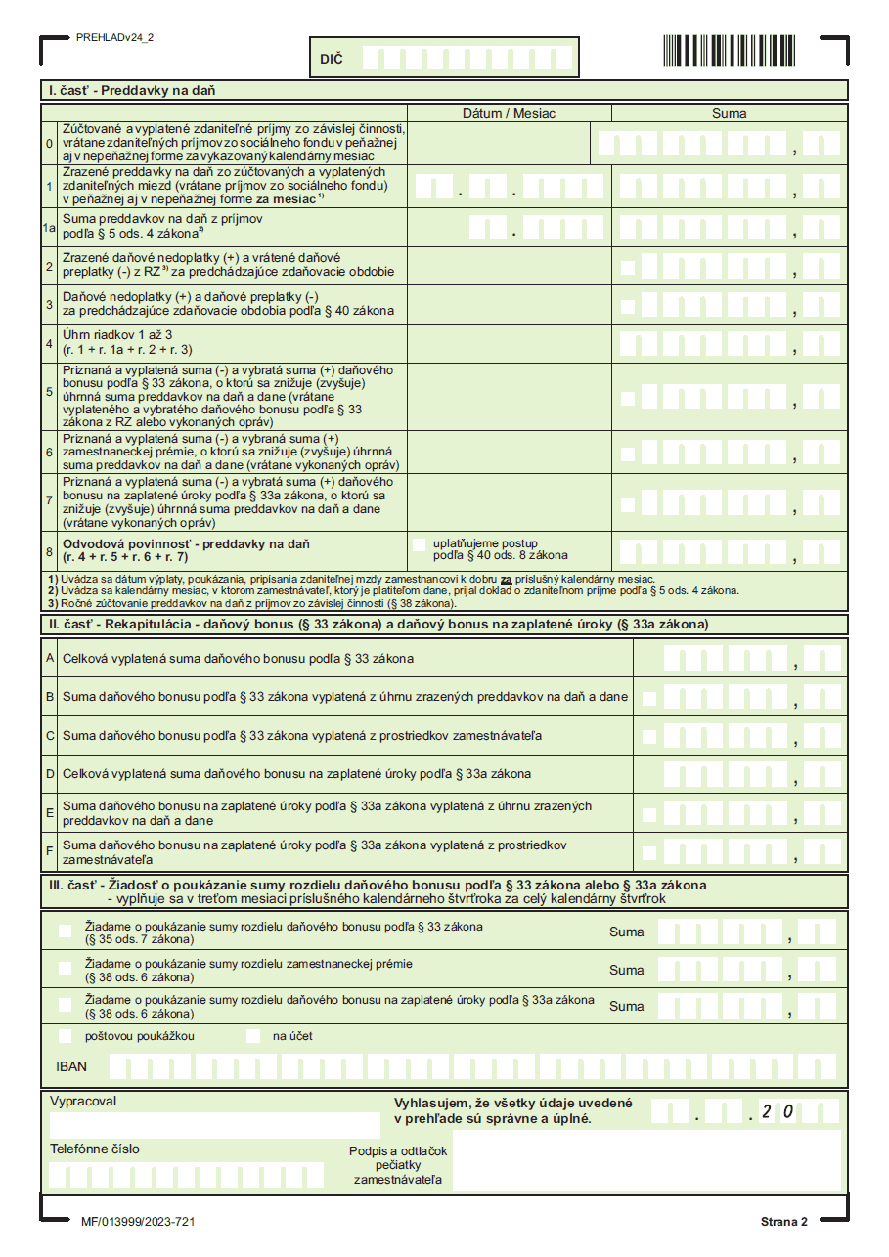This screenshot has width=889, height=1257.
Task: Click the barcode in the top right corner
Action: point(729,51)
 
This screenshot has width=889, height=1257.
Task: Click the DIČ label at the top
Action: point(332,60)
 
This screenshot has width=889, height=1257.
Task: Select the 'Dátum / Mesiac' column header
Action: point(509,113)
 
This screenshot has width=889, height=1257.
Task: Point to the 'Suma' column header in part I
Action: point(729,113)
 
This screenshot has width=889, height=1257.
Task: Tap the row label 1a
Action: point(49,228)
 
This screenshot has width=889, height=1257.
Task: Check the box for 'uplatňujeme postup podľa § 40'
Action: point(420,543)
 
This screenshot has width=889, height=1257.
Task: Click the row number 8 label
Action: point(49,551)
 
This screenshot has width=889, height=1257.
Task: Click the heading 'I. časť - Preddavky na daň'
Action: point(133,90)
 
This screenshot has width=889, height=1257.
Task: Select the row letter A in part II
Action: point(49,658)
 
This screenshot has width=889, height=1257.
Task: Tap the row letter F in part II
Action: point(49,851)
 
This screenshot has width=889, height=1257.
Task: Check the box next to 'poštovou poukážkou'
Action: point(66,1036)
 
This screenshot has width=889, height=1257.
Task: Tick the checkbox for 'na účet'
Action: point(253,1036)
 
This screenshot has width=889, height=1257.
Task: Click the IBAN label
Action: point(71,1066)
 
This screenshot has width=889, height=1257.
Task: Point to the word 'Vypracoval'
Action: point(83,1101)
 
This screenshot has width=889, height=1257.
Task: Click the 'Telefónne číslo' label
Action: point(95,1149)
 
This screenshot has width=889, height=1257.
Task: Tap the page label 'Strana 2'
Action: point(783,1222)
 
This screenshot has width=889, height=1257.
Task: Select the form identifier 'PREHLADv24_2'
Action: point(114,37)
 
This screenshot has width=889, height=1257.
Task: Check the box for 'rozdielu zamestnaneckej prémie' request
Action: point(66,969)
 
